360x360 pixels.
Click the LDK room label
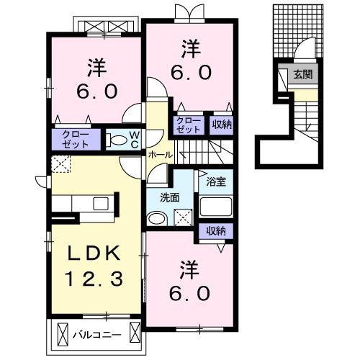94,253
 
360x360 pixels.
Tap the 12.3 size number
94,279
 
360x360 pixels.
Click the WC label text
135,140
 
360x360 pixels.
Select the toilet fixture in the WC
117,140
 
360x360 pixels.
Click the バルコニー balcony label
97,335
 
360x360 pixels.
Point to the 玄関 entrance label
303,74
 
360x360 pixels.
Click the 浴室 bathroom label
216,181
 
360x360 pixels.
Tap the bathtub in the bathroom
216,207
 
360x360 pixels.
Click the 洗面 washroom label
170,198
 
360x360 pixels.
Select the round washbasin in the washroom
157,218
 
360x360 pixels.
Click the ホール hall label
161,155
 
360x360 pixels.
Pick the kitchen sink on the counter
101,204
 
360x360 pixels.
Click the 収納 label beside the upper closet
222,125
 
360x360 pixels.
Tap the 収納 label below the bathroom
216,231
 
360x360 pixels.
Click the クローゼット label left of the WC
76,139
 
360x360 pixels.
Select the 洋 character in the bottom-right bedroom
189,270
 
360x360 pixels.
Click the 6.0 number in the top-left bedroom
97,91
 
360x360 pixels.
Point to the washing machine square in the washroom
183,217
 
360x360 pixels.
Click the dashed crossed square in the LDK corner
61,164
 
